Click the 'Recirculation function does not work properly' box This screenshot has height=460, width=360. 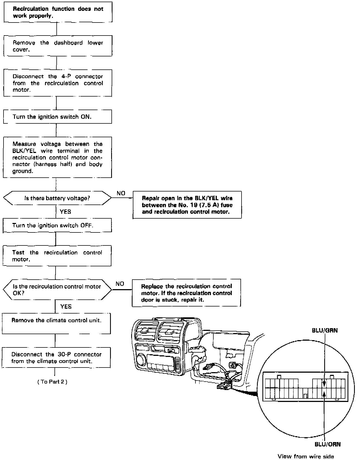[x=58, y=12]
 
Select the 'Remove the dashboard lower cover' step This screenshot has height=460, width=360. [x=58, y=46]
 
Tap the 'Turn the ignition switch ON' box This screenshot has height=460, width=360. [x=57, y=117]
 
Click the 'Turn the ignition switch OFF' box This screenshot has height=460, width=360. [x=57, y=225]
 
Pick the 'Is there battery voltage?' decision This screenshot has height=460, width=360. [x=57, y=198]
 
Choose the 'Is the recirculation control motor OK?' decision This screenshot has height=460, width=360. [x=57, y=290]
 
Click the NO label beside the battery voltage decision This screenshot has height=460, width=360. [x=121, y=193]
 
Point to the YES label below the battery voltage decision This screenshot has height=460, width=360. [x=65, y=212]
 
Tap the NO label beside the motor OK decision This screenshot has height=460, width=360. [x=120, y=284]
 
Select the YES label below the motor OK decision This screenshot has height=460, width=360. [x=66, y=306]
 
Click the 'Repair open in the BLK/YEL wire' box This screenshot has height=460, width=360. [x=187, y=205]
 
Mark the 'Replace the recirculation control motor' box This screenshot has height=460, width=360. [x=187, y=293]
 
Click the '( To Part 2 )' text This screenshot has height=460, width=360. [x=52, y=382]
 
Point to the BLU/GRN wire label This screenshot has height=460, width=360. [x=324, y=330]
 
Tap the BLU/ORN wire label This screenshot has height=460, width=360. [x=327, y=444]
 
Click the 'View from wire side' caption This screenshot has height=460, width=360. [x=306, y=456]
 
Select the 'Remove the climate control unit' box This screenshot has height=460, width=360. [x=56, y=324]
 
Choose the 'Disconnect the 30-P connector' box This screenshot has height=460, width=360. [x=56, y=357]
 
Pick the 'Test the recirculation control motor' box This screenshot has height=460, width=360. [x=57, y=256]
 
